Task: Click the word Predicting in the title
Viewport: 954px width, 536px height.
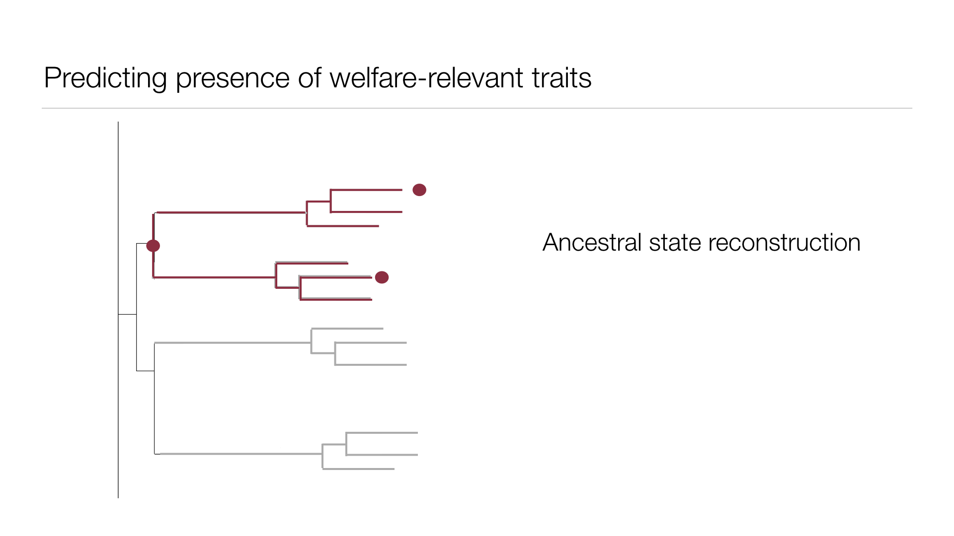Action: tap(105, 78)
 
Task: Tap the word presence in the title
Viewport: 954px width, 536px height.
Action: tap(233, 78)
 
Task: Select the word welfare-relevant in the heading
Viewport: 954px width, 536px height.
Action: tap(426, 78)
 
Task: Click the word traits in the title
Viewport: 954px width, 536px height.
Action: tap(561, 78)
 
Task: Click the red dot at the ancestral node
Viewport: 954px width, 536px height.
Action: tap(153, 246)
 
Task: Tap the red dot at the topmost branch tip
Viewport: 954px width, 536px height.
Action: tap(419, 190)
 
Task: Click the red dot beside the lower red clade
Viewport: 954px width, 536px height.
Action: tap(382, 277)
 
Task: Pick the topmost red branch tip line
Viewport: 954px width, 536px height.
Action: tap(366, 190)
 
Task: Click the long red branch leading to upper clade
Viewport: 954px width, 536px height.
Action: tap(231, 212)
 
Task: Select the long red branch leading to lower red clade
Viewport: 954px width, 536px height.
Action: tap(214, 277)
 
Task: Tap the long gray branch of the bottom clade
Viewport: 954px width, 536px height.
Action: tap(241, 454)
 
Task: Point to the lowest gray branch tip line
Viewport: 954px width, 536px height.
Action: tap(358, 469)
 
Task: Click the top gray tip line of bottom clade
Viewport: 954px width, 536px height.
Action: tap(382, 433)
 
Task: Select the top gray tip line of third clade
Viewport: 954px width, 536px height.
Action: tap(347, 329)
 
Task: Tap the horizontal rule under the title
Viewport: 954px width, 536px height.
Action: tap(477, 108)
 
